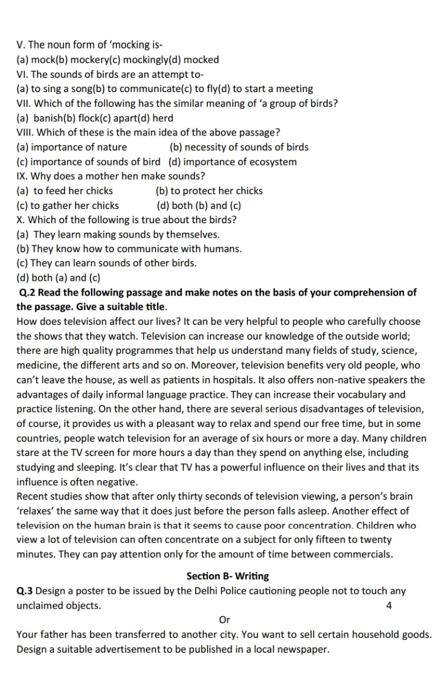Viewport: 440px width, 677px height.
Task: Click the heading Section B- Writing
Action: click(227, 576)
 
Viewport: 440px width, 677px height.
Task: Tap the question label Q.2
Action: click(27, 292)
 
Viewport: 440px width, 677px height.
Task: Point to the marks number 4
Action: click(389, 606)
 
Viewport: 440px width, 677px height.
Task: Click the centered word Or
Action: click(224, 620)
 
